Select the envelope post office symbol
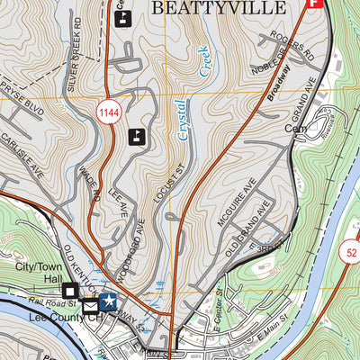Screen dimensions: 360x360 tap(91, 307)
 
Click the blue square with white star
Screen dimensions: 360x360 tap(109, 300)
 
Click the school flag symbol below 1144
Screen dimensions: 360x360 tap(136, 137)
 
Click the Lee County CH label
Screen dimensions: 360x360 tap(41, 318)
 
